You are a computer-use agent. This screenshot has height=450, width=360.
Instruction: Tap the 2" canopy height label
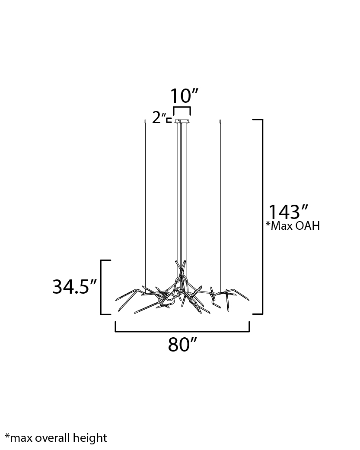(159, 117)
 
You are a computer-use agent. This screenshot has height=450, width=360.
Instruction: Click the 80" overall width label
(182, 344)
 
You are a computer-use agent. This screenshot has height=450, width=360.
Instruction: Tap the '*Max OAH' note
(293, 226)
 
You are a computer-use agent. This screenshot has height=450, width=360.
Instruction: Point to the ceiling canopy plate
(182, 121)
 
